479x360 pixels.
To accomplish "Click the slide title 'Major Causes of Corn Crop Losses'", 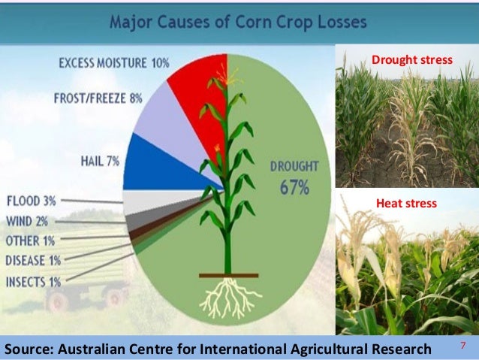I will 238,21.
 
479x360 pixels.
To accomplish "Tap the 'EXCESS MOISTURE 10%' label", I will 113,62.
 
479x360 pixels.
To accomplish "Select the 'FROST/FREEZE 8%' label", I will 100,98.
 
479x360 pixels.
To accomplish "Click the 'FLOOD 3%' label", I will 30,201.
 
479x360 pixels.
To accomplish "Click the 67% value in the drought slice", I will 295,188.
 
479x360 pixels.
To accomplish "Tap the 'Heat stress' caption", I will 405,204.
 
